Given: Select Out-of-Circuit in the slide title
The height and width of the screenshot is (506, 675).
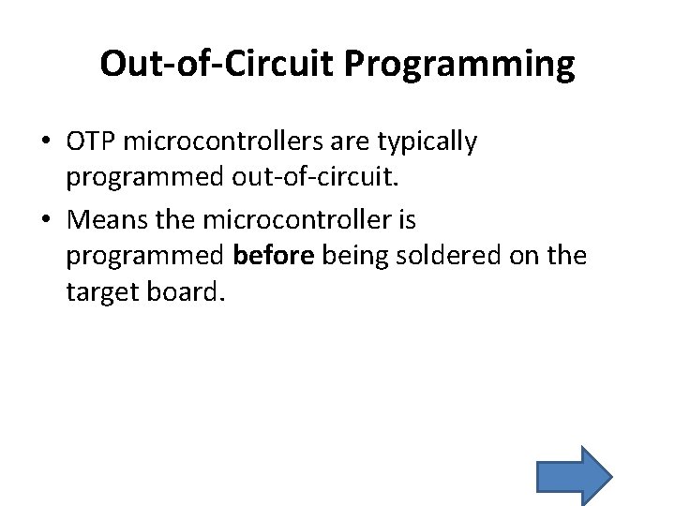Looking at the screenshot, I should (217, 64).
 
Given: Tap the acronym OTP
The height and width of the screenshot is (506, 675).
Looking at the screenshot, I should (91, 141).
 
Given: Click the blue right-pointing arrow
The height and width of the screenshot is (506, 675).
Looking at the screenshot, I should (574, 475).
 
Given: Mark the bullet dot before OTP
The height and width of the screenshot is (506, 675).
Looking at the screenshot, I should (45, 142).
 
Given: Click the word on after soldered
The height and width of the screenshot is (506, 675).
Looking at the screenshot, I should (523, 256).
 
